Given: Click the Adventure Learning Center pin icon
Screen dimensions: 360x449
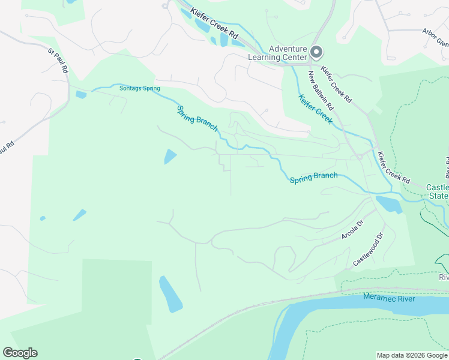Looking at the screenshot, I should point(316,53).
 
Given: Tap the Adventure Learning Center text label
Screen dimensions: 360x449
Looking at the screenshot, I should point(278,53).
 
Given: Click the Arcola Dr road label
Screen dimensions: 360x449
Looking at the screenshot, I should point(352,230).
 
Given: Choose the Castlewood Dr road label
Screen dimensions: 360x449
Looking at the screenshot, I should point(368,251).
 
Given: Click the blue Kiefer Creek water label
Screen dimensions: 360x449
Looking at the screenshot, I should point(315,109).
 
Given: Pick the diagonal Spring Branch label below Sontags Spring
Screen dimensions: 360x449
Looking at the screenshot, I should point(197,118).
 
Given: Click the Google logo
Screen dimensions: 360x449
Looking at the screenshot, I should point(20,353).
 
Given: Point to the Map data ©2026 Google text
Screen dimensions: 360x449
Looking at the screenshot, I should point(411,355).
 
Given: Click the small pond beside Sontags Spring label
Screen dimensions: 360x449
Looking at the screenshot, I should point(81,94).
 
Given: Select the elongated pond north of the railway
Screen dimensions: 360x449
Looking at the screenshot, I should point(170,294).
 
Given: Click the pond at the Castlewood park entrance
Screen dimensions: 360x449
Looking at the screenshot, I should point(389,204).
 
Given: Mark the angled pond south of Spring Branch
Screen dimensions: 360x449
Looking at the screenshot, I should point(170,157).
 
